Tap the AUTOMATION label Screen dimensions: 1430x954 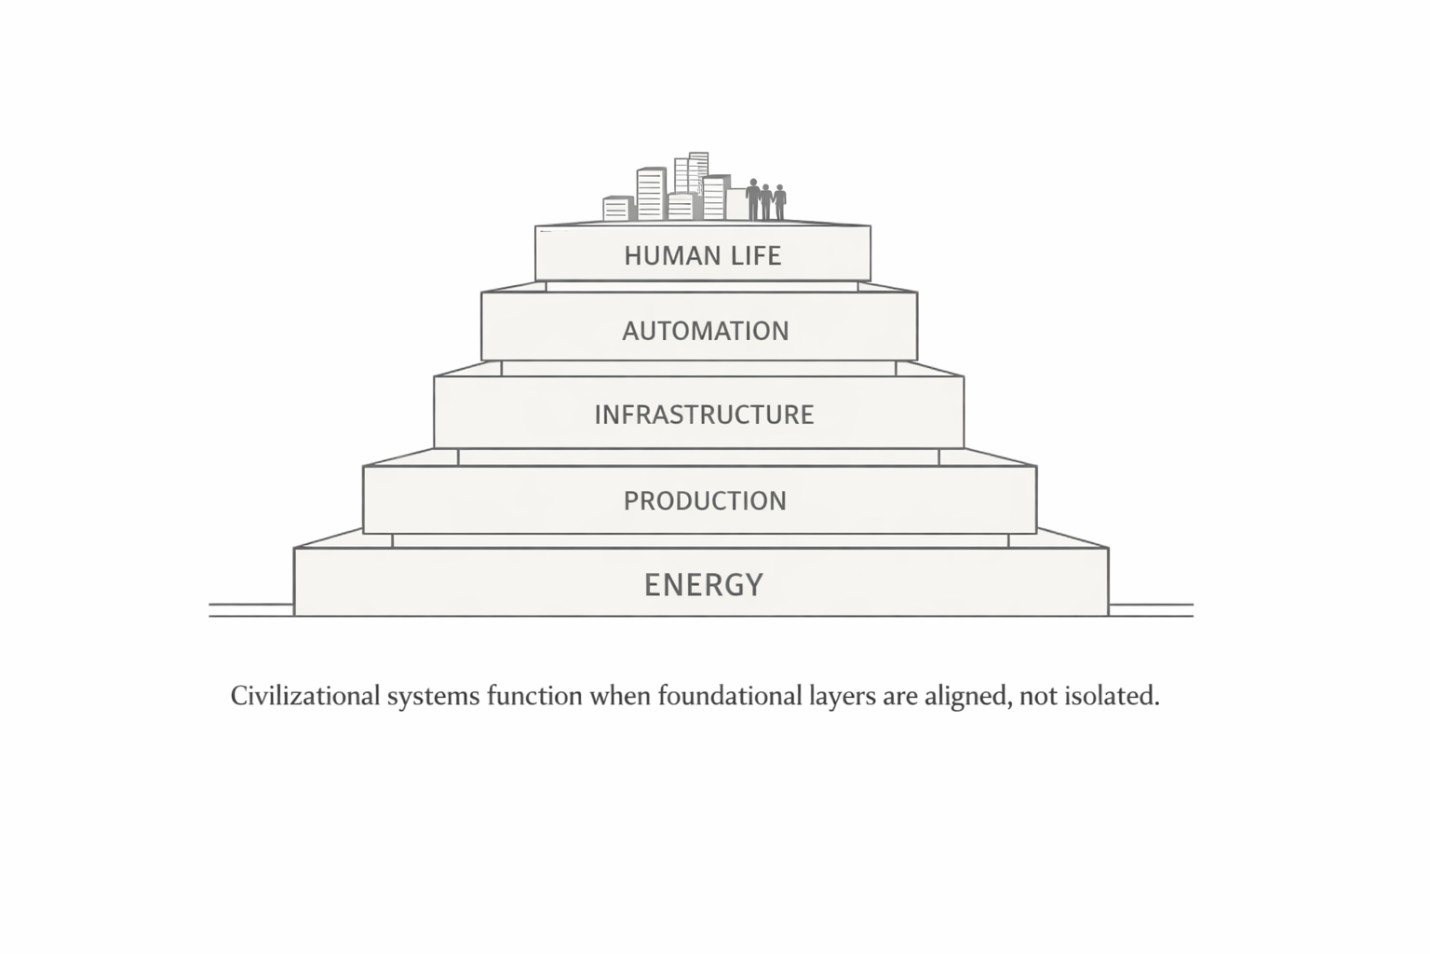(705, 331)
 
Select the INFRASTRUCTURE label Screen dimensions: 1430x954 (704, 415)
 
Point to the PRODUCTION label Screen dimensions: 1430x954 (705, 500)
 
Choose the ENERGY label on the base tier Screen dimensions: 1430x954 (704, 584)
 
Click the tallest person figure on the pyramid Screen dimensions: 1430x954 (752, 198)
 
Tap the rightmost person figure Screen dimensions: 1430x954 (780, 202)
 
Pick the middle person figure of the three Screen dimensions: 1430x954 (766, 201)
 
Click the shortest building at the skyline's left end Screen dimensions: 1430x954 (617, 208)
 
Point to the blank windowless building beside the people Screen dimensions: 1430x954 (735, 203)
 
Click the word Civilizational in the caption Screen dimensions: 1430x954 (305, 696)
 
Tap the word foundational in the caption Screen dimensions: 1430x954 (728, 696)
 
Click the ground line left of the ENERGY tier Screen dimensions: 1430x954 (250, 610)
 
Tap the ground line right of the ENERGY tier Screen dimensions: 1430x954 (1151, 610)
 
